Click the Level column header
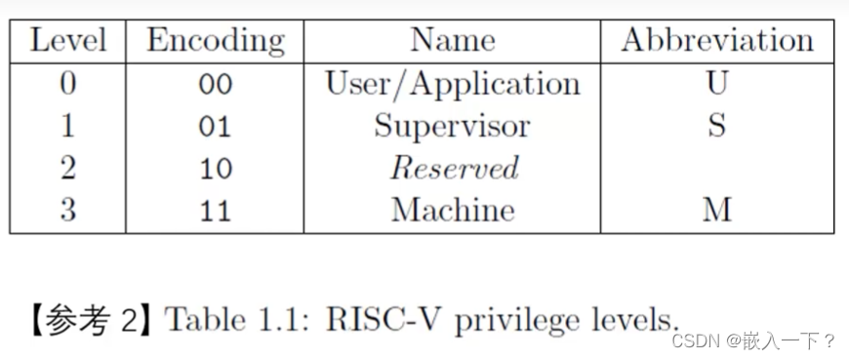coord(67,42)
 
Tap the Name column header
coord(453,42)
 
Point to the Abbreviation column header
coord(717,42)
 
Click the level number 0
coord(67,85)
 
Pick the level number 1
coord(67,126)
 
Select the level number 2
coord(67,169)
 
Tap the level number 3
coord(67,210)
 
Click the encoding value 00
coord(216,85)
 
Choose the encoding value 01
coord(216,127)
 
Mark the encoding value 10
coord(216,169)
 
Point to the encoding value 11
coord(216,211)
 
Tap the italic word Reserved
coord(455,169)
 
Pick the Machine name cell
coord(453,210)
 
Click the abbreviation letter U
coord(717,85)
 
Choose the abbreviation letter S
coord(717,127)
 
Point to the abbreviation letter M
coord(717,210)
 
